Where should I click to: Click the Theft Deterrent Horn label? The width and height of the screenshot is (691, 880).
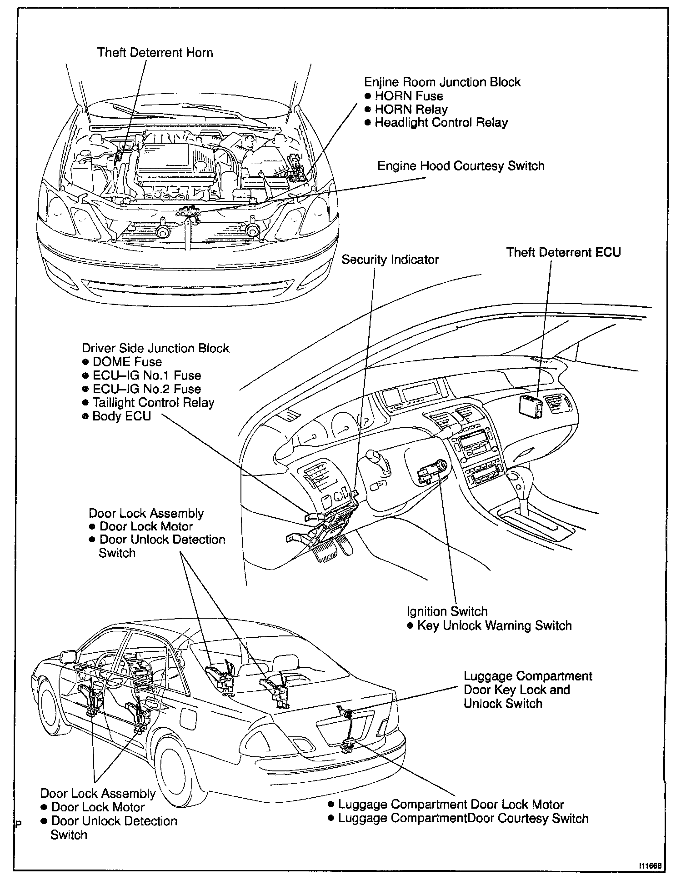155,53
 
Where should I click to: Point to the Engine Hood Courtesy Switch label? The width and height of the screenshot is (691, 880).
461,166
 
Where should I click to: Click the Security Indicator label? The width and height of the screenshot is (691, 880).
390,260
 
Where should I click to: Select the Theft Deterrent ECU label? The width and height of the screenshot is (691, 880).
563,252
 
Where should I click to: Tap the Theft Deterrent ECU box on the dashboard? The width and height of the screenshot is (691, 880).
531,405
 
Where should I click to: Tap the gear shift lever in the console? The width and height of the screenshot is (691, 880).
519,482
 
